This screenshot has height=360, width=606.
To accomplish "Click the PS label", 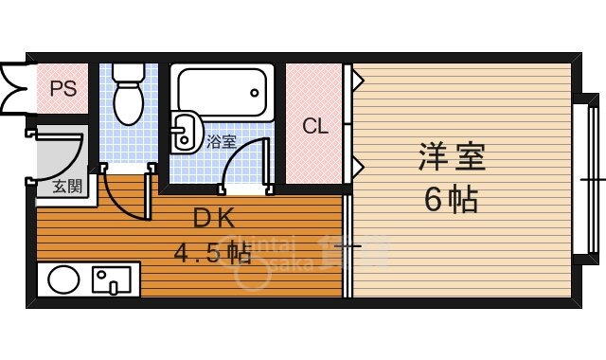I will click(62, 89).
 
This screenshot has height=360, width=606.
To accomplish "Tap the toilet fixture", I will click(126, 96).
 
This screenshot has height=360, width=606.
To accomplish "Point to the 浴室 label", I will click(221, 142).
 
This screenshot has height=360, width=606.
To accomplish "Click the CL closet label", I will click(315, 126).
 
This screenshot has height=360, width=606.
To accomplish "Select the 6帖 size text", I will click(451, 200).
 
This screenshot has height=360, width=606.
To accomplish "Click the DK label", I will click(213, 219).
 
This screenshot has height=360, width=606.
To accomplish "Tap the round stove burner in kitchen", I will click(63, 280).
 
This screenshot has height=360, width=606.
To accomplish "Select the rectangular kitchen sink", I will click(113, 280).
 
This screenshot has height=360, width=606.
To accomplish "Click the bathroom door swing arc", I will click(244, 161).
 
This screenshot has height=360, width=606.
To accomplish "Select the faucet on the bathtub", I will click(254, 93).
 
